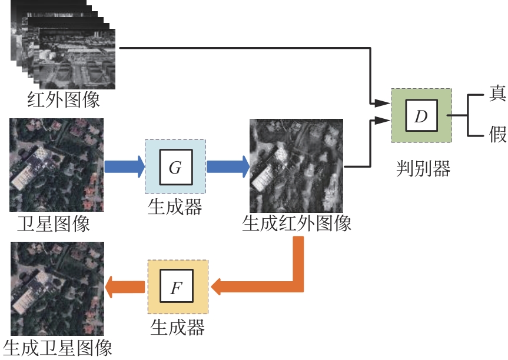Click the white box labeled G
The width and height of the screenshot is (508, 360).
click(x=175, y=167)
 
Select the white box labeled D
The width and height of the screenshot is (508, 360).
click(x=421, y=116)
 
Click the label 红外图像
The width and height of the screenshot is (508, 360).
click(x=63, y=99)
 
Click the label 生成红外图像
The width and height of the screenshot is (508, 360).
click(x=297, y=223)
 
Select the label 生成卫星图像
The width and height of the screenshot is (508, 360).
click(x=57, y=348)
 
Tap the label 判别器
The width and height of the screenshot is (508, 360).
click(x=423, y=169)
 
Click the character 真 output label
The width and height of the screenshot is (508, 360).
click(x=497, y=94)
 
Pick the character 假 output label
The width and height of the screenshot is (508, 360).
click(x=497, y=134)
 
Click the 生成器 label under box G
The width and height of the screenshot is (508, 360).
click(x=175, y=206)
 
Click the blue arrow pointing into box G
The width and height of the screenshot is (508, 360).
click(x=124, y=166)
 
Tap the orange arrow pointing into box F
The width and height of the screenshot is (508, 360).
click(x=259, y=286)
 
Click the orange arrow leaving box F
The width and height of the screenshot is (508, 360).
click(x=125, y=286)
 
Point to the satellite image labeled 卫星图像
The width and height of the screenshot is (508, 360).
click(x=57, y=165)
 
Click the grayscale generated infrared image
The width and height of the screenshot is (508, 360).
click(x=296, y=166)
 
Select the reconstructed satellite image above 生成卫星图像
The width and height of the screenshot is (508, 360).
click(x=57, y=288)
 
